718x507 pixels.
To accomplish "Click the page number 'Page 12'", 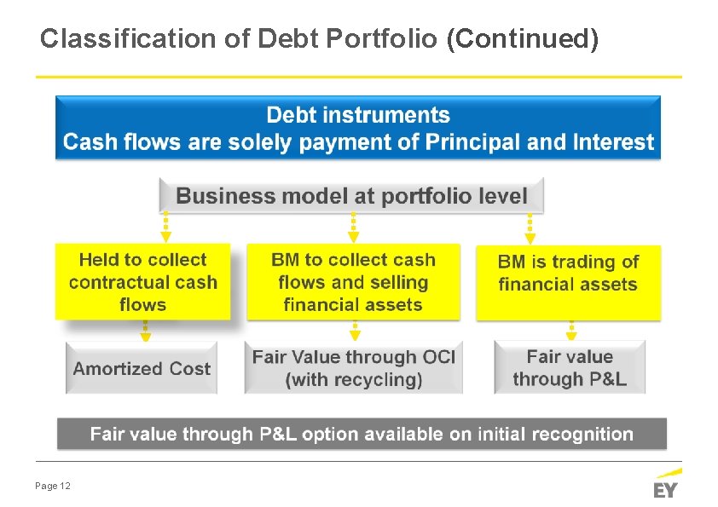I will [x=53, y=486].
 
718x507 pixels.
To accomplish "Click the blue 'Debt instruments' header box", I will [x=358, y=128].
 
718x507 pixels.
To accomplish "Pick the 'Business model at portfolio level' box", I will [x=351, y=196].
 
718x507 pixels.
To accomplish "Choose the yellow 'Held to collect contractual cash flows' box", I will [x=143, y=282].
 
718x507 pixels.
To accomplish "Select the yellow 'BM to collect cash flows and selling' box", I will [x=353, y=282].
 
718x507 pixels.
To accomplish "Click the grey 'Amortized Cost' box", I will [x=142, y=368].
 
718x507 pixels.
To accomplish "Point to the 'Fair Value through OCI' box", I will [x=353, y=368].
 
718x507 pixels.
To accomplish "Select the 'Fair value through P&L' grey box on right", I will [x=570, y=368].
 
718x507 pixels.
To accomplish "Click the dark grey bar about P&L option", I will [x=362, y=434].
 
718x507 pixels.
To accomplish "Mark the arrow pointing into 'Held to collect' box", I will [x=166, y=229].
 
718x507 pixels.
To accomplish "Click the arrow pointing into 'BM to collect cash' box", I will [x=354, y=229].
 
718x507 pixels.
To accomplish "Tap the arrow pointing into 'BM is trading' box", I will [x=530, y=229].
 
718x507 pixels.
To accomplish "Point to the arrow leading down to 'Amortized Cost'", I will [x=145, y=331].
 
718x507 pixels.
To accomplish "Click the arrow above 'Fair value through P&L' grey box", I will [x=572, y=331].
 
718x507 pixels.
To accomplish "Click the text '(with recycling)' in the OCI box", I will [x=354, y=380].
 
